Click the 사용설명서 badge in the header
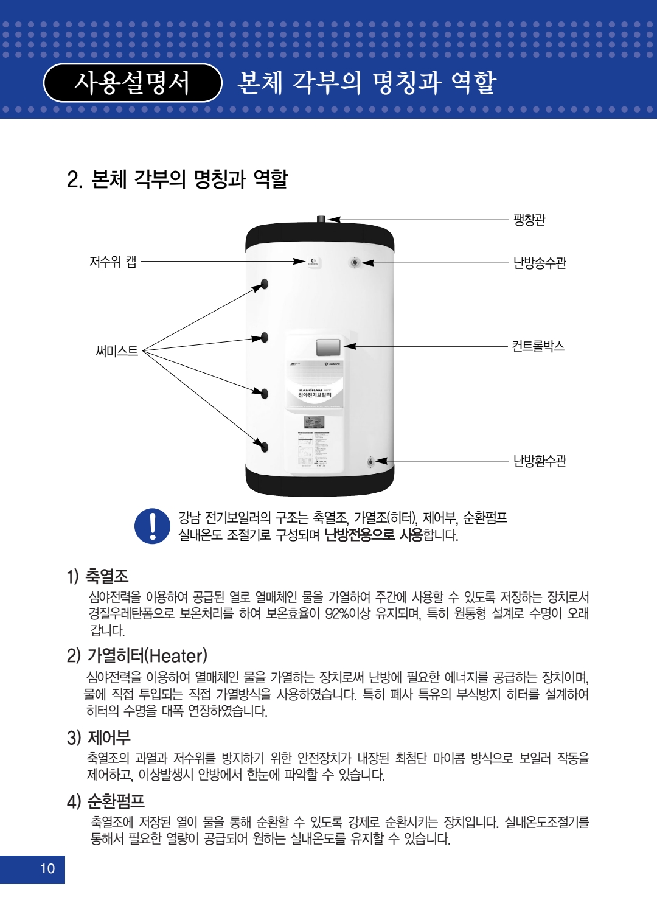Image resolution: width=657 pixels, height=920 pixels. pyautogui.click(x=132, y=83)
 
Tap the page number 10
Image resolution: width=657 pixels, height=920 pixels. pyautogui.click(x=47, y=868)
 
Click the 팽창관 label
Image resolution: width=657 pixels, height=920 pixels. pyautogui.click(x=529, y=220)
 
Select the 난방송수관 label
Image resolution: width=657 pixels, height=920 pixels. pyautogui.click(x=540, y=263)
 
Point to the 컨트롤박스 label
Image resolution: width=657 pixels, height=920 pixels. pyautogui.click(x=538, y=346)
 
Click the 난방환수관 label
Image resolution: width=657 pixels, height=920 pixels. pyautogui.click(x=540, y=461)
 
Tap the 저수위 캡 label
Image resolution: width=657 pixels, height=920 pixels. pyautogui.click(x=113, y=262)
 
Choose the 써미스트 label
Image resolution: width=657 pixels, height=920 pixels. pyautogui.click(x=117, y=351)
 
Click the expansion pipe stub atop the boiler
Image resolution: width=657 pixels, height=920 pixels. pyautogui.click(x=321, y=219)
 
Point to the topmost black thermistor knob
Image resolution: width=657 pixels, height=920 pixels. pyautogui.click(x=265, y=284)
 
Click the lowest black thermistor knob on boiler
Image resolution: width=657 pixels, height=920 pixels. pyautogui.click(x=265, y=447)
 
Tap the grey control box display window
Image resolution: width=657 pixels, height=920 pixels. pyautogui.click(x=328, y=347)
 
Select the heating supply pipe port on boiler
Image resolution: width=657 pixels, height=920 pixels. pyautogui.click(x=355, y=263)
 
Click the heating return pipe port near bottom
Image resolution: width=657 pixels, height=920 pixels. pyautogui.click(x=370, y=462)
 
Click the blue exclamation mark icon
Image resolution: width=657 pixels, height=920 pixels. pyautogui.click(x=152, y=526)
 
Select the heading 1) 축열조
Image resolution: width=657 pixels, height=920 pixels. pyautogui.click(x=97, y=576)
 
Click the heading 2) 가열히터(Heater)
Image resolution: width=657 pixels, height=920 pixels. pyautogui.click(x=137, y=655)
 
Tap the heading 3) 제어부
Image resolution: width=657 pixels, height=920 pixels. pyautogui.click(x=99, y=737)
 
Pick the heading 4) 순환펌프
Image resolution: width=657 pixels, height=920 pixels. pyautogui.click(x=106, y=801)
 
